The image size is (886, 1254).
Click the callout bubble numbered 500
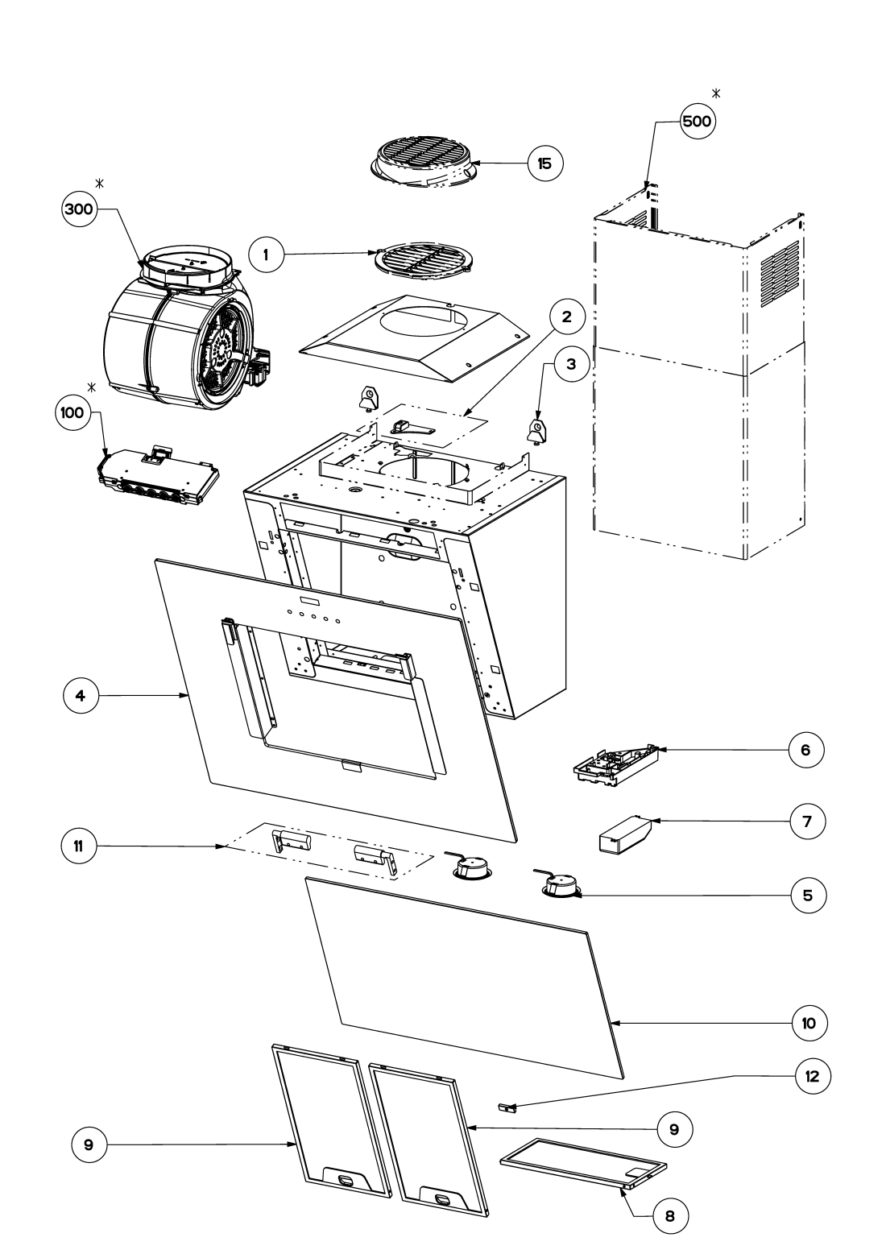[x=697, y=121]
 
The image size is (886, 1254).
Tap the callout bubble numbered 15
[x=544, y=163]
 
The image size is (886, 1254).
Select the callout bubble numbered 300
[x=79, y=209]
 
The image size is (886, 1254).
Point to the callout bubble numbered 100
[x=72, y=413]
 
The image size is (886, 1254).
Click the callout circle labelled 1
[x=266, y=255]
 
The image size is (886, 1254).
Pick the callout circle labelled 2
[x=566, y=317]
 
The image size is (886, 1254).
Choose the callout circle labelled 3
[x=571, y=364]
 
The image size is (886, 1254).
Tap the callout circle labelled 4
[x=81, y=695]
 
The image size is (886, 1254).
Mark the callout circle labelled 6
[x=806, y=750]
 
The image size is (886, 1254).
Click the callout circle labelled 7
[x=807, y=822]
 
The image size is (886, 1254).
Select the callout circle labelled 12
[x=812, y=1076]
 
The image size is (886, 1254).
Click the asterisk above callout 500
[x=716, y=93]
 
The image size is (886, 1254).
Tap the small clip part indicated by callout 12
[x=505, y=1107]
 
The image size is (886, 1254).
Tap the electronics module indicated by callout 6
[x=615, y=767]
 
